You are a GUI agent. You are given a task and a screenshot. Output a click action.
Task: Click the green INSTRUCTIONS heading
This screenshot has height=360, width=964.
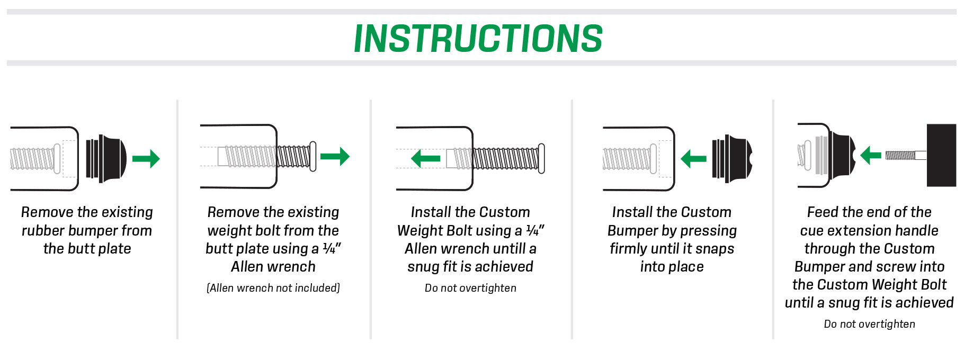tap(478, 38)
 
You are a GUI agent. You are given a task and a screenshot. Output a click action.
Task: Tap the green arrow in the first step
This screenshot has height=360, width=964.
tap(146, 158)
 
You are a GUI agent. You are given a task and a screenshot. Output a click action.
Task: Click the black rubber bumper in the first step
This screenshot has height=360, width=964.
tap(106, 158)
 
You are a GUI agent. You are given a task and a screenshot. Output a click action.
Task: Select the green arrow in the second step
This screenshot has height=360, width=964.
tap(335, 156)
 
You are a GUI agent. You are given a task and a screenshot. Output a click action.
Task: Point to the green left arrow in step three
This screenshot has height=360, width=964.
tap(426, 158)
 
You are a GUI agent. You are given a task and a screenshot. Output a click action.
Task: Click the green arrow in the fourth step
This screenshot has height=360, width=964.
tap(694, 158)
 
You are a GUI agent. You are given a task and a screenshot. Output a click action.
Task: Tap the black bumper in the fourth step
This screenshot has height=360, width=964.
tap(733, 158)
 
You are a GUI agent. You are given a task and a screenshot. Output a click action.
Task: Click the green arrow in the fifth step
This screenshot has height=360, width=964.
tap(871, 155)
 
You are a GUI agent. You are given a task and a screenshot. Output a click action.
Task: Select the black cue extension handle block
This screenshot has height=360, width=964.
tap(941, 155)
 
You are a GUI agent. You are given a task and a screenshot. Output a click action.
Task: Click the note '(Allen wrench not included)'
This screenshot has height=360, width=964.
tap(273, 288)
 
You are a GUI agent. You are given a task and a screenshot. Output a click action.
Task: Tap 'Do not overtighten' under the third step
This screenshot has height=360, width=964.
tap(470, 288)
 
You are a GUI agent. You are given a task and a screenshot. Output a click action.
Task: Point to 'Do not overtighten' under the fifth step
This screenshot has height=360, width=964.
tap(869, 324)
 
